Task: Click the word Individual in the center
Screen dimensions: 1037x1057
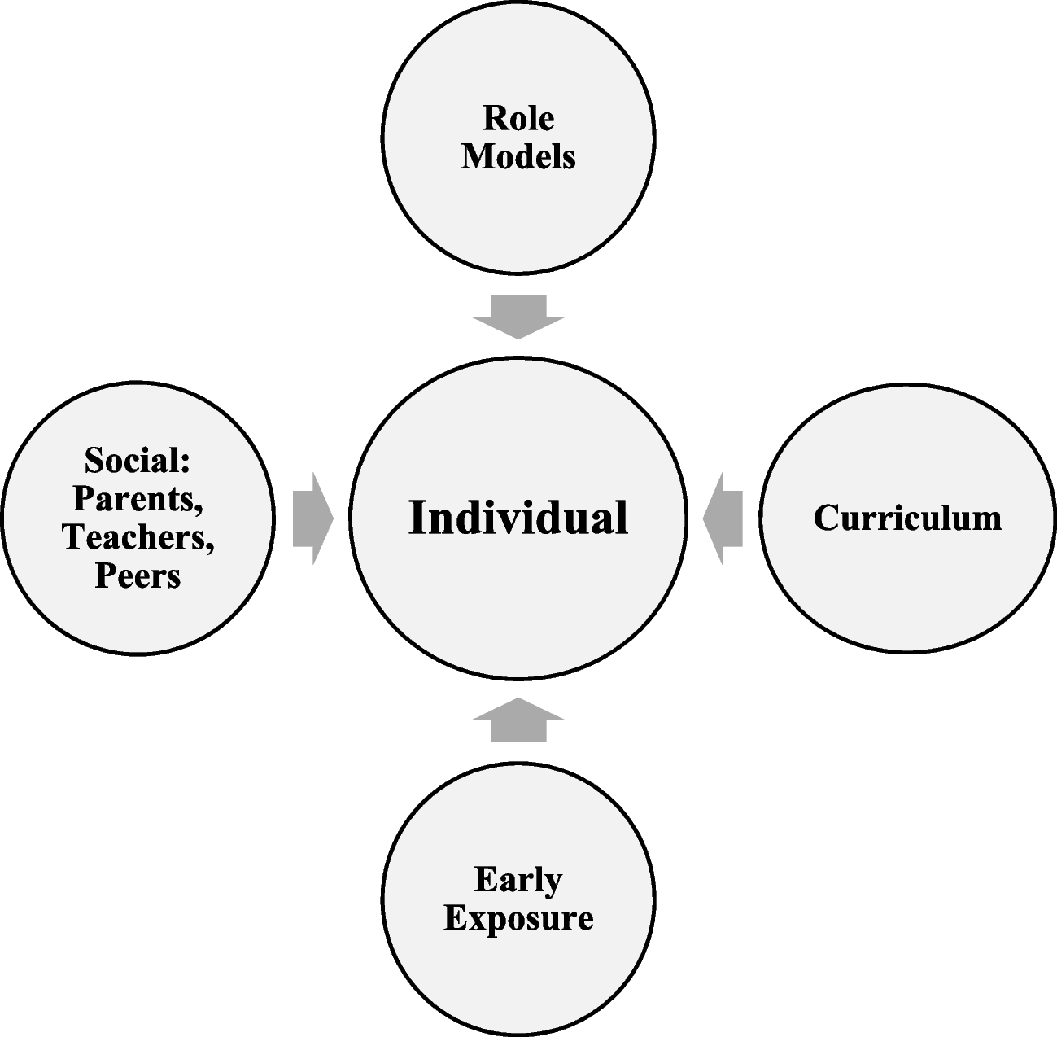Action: (518, 518)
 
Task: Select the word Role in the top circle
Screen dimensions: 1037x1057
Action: (518, 118)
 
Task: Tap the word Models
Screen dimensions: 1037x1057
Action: (518, 155)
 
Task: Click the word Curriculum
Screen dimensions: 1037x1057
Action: (907, 518)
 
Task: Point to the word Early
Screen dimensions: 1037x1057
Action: (518, 880)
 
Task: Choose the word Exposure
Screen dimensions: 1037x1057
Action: (518, 918)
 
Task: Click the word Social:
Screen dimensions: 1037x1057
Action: (137, 461)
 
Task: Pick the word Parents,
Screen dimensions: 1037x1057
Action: (138, 499)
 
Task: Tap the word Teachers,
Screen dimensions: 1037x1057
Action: (138, 537)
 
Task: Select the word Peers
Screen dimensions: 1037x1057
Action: (138, 575)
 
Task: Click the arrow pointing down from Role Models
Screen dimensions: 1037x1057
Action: (518, 316)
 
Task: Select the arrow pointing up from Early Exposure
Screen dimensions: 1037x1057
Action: (518, 720)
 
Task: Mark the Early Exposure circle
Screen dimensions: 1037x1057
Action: (518, 977)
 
